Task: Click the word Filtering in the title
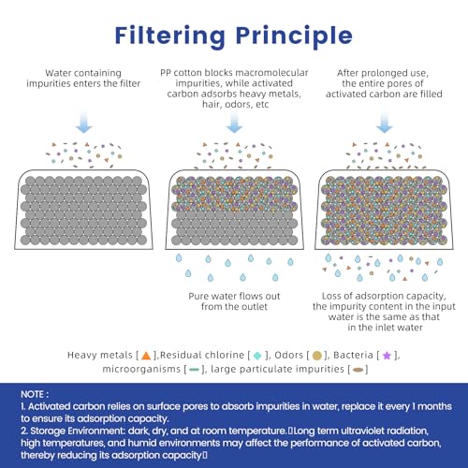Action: [x=169, y=37]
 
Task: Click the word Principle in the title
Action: [x=294, y=37]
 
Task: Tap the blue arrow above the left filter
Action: [x=84, y=123]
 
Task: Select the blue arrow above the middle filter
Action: [x=234, y=123]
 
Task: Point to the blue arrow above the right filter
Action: [x=385, y=123]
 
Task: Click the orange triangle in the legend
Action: [x=146, y=356]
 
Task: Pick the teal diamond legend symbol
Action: [x=257, y=356]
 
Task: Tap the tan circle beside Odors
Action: [x=316, y=356]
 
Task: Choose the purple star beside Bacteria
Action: [x=387, y=356]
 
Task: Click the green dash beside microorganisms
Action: [x=194, y=370]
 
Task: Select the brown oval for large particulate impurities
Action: [x=358, y=370]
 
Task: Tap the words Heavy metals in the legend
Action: [x=100, y=355]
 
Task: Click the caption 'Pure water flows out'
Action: [x=234, y=296]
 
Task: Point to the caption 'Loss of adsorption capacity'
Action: [x=384, y=296]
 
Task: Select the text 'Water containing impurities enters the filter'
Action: [x=83, y=79]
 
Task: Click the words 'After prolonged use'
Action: [x=383, y=73]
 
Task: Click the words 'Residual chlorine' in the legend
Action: [x=202, y=355]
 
